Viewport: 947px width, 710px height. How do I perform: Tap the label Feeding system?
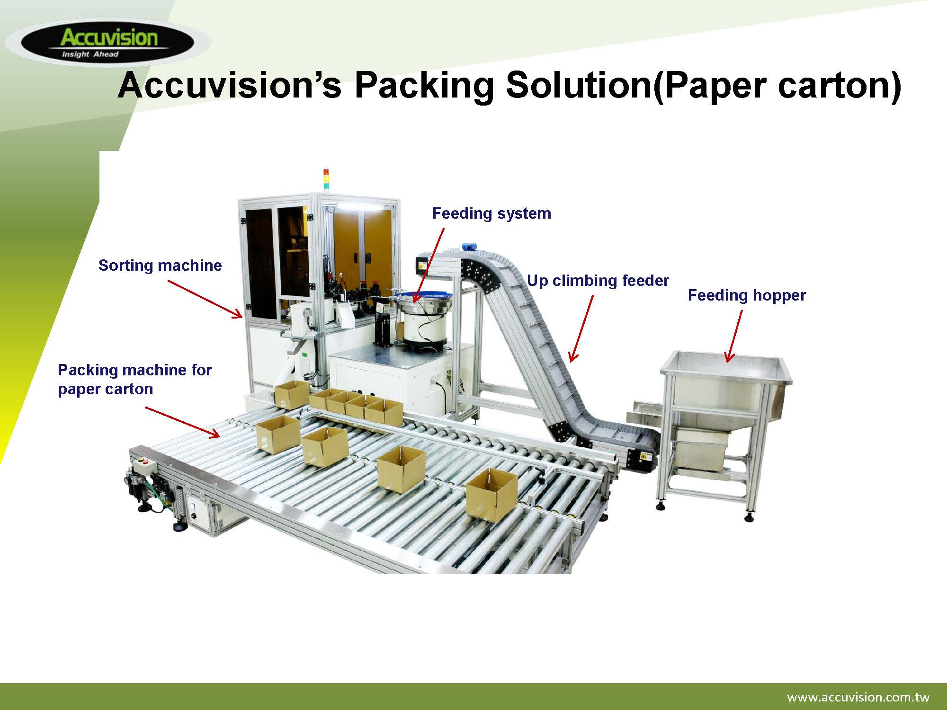click(491, 214)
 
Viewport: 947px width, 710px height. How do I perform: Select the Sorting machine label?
click(160, 265)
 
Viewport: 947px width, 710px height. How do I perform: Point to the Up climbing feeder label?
click(598, 281)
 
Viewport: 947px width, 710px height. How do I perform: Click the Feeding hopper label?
click(747, 296)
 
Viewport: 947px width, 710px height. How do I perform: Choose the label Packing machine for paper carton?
click(134, 379)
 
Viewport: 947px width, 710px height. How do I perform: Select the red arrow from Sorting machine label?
click(205, 299)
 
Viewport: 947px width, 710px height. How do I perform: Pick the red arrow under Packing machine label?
click(182, 422)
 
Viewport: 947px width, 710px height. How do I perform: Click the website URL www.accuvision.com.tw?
click(858, 697)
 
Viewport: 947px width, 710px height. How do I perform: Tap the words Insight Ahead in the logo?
click(90, 54)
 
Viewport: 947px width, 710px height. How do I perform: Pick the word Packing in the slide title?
click(424, 86)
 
